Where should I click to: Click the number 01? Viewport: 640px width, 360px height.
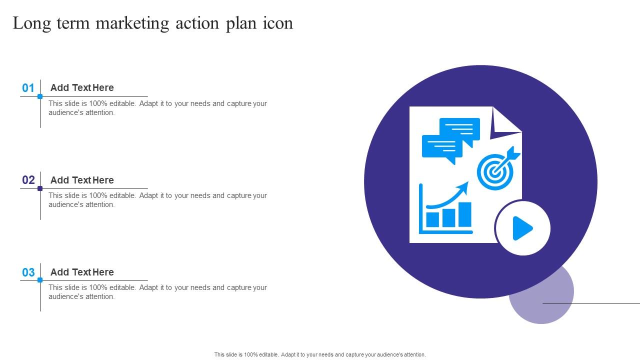28,88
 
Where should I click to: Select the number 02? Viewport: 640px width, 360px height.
28,180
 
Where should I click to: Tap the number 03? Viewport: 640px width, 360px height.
28,272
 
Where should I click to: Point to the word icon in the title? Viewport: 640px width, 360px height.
278,23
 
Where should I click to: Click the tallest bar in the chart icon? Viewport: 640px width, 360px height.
465,214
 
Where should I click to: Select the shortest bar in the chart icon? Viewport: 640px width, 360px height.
432,219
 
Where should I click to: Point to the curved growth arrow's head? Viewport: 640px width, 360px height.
463,187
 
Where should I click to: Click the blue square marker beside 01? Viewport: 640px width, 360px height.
40,96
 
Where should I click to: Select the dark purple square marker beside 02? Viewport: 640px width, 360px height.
40,188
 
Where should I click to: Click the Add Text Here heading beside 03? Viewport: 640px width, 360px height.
82,272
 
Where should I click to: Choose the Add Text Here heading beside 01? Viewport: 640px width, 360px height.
82,87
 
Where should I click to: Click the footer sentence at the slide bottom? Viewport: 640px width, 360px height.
320,354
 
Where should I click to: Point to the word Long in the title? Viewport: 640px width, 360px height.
31,23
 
